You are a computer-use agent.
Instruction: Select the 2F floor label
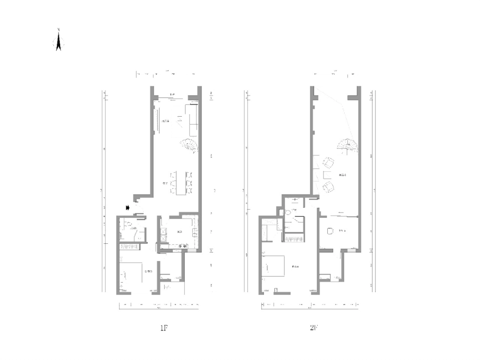[314, 328]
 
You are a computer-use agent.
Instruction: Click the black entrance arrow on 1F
[128, 207]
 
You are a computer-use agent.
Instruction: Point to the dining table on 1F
[180, 182]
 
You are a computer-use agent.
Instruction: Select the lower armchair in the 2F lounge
[328, 186]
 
